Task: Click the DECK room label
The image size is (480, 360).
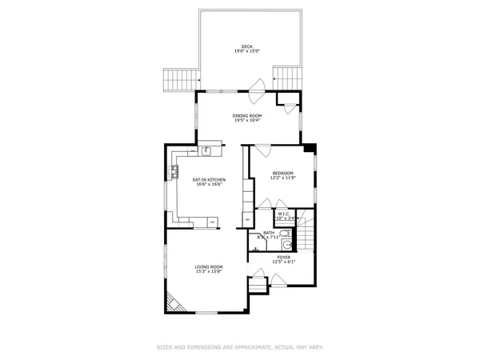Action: (x=246, y=46)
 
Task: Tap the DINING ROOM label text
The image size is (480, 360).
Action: (x=246, y=115)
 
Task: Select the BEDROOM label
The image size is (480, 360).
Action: (x=283, y=173)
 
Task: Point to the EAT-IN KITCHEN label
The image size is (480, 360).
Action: (x=209, y=179)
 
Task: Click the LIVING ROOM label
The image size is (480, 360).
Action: (x=209, y=266)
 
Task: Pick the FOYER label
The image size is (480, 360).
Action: (x=284, y=258)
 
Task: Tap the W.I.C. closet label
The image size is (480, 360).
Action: (x=286, y=213)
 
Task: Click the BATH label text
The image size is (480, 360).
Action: (x=268, y=232)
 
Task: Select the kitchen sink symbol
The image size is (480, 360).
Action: (x=206, y=148)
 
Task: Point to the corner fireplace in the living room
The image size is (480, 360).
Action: (x=174, y=302)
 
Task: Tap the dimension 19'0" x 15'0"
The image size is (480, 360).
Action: (x=246, y=51)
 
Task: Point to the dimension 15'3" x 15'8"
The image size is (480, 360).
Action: (x=209, y=272)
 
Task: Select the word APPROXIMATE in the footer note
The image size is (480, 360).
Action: (x=225, y=347)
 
